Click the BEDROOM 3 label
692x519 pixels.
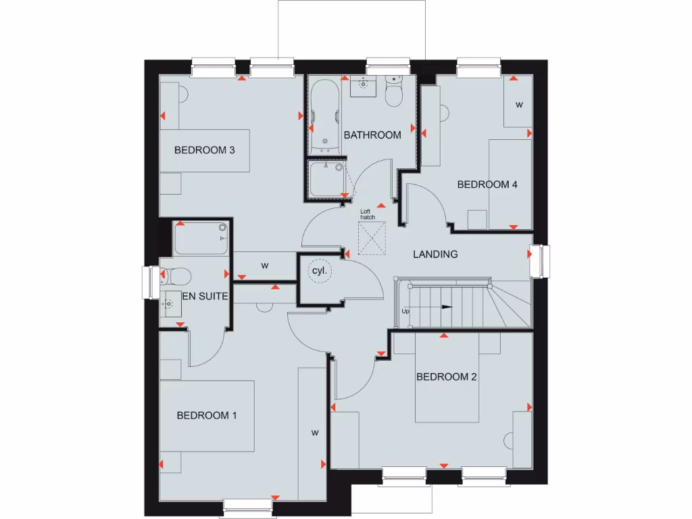[x=204, y=150]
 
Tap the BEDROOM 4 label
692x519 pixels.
[x=487, y=184]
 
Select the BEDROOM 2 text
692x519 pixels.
[x=446, y=377]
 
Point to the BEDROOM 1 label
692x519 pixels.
[x=206, y=416]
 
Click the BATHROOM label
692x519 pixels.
[x=372, y=135]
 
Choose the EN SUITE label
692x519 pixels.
[x=205, y=296]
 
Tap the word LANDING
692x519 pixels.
[x=435, y=255]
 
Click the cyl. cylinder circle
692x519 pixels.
[x=319, y=271]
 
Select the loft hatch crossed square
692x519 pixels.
[x=370, y=240]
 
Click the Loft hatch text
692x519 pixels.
[x=367, y=215]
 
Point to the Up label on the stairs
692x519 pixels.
[x=405, y=312]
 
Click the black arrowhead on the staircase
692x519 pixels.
[x=447, y=307]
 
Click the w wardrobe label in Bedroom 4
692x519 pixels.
[x=519, y=105]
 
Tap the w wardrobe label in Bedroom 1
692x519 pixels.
[x=314, y=432]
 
